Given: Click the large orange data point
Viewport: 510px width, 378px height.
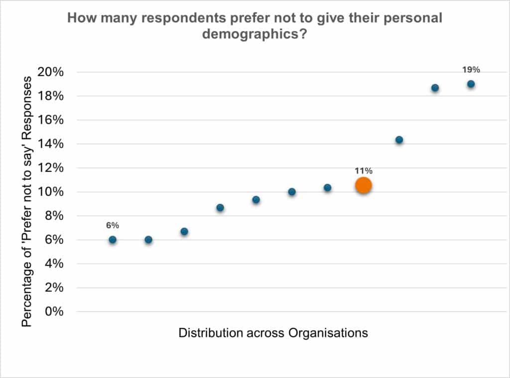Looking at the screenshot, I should (364, 185).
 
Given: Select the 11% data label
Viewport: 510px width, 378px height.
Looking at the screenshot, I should (364, 170).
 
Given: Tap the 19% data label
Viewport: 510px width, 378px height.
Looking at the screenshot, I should (471, 70).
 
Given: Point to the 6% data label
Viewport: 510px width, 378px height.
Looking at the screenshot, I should (112, 226).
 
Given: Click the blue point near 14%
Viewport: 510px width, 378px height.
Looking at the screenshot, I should (399, 140).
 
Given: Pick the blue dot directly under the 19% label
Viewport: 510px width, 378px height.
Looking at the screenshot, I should (471, 84).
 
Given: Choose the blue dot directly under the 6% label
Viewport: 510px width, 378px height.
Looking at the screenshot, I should (113, 240).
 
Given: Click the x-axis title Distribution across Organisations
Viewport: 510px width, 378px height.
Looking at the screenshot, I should (273, 333).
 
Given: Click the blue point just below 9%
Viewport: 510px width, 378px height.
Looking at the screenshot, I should (220, 208).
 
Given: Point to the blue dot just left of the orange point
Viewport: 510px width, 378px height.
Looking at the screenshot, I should (327, 188).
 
